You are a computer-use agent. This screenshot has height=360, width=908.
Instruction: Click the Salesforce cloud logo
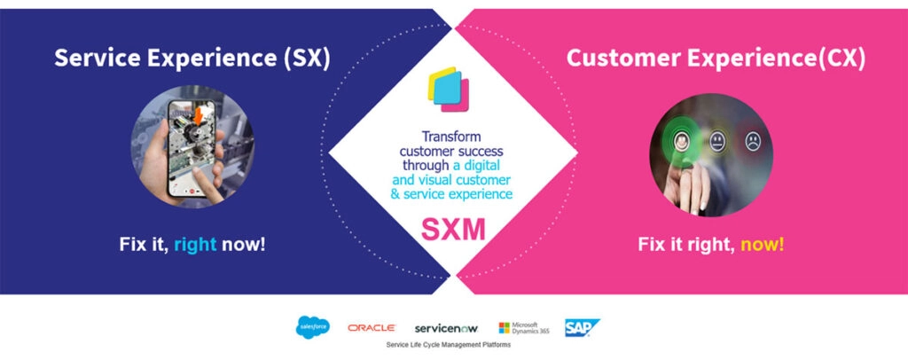[312, 327]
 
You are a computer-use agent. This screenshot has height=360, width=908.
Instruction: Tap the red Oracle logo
[372, 328]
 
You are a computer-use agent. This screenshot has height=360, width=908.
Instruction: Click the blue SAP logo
[583, 327]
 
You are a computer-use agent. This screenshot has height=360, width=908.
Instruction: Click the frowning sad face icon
[753, 139]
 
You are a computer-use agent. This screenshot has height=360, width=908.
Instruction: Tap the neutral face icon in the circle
[716, 140]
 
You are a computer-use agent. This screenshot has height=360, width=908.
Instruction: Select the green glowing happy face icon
[680, 140]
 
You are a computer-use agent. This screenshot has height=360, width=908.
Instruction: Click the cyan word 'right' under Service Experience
[194, 243]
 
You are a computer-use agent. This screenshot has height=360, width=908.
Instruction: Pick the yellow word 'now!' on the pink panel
[763, 243]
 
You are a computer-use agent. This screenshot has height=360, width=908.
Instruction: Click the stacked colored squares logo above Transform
[452, 89]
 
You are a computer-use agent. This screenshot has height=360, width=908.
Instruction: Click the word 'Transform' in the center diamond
[454, 138]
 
